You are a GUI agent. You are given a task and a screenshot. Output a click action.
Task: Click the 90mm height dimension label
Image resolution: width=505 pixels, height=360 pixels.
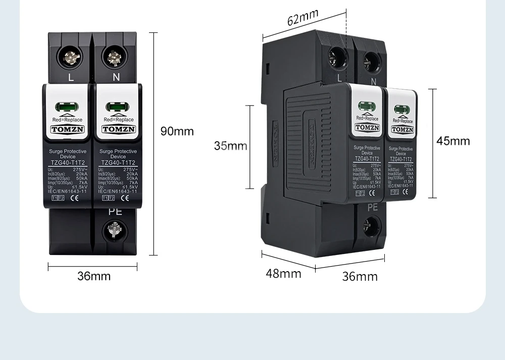tap(177, 131)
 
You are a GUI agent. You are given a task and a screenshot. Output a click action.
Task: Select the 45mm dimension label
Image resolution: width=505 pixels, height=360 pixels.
tap(453, 141)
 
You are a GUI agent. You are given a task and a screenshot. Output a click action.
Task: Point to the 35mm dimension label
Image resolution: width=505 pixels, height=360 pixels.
tap(230, 146)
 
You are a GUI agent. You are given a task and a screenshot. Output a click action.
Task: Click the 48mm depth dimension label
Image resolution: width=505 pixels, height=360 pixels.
tap(283, 274)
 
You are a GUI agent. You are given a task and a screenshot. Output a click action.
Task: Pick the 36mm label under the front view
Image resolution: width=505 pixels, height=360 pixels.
tap(93, 276)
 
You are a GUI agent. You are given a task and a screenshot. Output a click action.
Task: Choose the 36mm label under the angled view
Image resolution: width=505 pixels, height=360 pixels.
tap(360, 276)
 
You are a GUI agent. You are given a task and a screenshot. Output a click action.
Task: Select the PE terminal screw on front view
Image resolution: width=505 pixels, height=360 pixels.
tap(115, 232)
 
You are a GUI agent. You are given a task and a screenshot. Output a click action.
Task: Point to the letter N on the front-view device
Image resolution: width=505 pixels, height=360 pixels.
tap(116, 77)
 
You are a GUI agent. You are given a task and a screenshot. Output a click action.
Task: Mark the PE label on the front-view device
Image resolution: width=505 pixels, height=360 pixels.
tap(115, 212)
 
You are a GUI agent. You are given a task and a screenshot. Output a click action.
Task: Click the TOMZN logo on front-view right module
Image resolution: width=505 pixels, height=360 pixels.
tap(119, 129)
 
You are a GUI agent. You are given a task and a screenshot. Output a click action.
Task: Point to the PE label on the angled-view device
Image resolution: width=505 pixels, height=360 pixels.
tap(372, 207)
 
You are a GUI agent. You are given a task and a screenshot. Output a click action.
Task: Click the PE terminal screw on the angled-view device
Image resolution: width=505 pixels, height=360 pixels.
tap(371, 227)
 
